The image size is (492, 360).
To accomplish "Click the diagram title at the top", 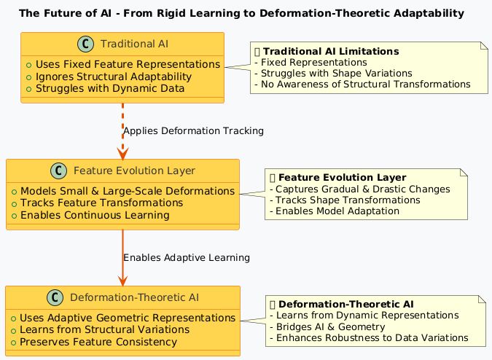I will pyautogui.click(x=241, y=13).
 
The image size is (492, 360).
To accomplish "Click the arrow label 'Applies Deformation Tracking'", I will pyautogui.click(x=193, y=130).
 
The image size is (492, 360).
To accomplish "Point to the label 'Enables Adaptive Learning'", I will pyautogui.click(x=187, y=257).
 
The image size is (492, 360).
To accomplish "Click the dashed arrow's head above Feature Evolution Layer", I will pyautogui.click(x=122, y=152).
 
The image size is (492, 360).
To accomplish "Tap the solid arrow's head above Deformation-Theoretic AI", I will pyautogui.click(x=122, y=279).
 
